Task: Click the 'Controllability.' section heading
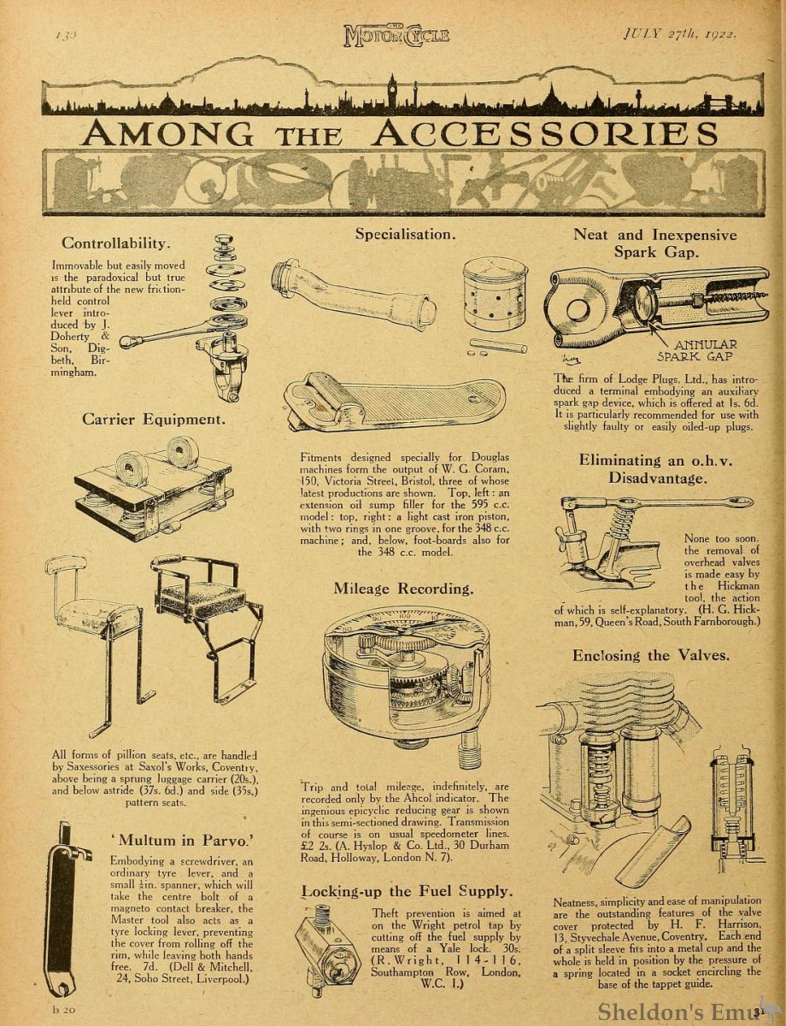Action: click(116, 243)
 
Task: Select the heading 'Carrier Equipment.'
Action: click(154, 419)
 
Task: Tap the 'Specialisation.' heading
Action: click(405, 233)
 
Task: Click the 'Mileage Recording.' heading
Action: click(403, 589)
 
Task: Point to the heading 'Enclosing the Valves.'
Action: click(651, 655)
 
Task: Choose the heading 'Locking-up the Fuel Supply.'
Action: click(407, 892)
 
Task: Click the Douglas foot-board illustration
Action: click(395, 402)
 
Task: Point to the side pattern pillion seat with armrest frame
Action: click(205, 615)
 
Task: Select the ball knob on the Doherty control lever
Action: click(126, 342)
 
